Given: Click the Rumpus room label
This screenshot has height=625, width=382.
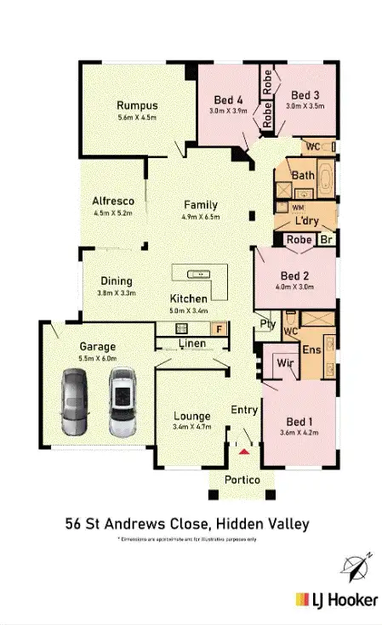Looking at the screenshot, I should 138,106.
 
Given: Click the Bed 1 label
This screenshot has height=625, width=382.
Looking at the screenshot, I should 297,421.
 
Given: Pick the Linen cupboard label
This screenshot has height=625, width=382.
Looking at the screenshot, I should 192,344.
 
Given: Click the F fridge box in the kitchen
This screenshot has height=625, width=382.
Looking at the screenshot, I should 218,327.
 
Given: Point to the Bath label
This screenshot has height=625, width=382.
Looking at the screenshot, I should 303,176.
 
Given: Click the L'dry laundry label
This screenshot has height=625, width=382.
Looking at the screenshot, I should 306,221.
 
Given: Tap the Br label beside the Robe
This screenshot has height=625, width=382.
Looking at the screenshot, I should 325,241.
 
